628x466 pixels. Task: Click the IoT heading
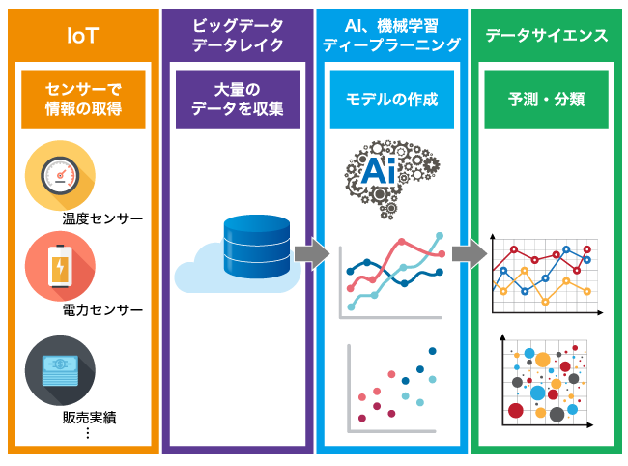click(x=82, y=36)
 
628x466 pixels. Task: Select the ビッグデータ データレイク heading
click(x=237, y=36)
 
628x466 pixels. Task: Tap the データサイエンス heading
click(x=547, y=36)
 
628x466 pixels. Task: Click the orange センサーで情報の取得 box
click(x=82, y=99)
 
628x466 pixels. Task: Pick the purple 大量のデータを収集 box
click(x=237, y=99)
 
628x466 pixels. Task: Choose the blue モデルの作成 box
click(x=391, y=99)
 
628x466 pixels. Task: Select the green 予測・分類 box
click(x=546, y=99)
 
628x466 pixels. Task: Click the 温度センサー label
click(x=102, y=219)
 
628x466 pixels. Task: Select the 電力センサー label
click(x=102, y=310)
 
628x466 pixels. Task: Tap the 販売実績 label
click(x=89, y=418)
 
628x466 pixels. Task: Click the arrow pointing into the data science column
click(x=469, y=253)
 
